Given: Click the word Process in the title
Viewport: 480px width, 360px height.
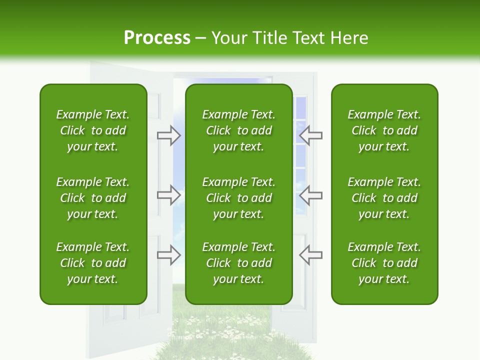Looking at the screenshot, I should coord(157,38).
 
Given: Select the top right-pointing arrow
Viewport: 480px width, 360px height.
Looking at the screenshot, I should coord(169,134).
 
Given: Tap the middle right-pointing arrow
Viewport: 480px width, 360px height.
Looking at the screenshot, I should coord(169,195).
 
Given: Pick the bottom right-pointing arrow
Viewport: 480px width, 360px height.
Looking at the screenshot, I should coord(169,254).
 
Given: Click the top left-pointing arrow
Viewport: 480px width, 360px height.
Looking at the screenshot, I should coord(310,134).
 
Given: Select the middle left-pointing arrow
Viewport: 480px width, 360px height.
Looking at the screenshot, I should coord(310,195).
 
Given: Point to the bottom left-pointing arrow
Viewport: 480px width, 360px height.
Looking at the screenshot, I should coord(310,254).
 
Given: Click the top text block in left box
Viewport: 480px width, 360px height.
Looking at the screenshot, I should coord(93,130).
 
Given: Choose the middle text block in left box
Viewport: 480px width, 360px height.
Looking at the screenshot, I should coord(93,198).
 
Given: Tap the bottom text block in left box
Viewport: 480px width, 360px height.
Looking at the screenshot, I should coord(93,263).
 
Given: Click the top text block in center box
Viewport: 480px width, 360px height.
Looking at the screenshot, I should coord(238,130).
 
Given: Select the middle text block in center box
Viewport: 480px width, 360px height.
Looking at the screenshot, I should coord(238,198).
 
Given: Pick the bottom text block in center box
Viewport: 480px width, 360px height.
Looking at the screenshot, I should coord(238,263).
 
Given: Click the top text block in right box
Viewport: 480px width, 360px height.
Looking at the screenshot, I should coord(384,130).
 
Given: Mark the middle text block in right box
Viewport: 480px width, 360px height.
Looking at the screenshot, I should coord(384,198).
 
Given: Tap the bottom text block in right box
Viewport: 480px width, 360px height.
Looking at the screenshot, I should coord(384,263).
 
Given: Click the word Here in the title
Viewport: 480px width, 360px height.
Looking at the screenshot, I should coord(349,38).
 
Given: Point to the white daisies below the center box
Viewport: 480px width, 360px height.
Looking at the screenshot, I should coord(235,325).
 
